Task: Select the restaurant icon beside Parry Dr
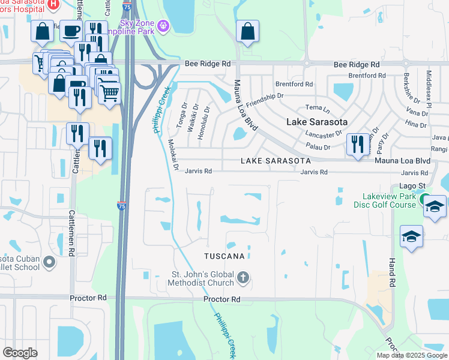click(357, 145)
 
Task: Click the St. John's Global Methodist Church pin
click(243, 277)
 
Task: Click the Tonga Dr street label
click(184, 113)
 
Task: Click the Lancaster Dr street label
click(323, 134)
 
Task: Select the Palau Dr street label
click(319, 147)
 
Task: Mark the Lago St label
click(413, 185)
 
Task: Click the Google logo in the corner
click(20, 353)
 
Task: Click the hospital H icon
click(53, 4)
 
